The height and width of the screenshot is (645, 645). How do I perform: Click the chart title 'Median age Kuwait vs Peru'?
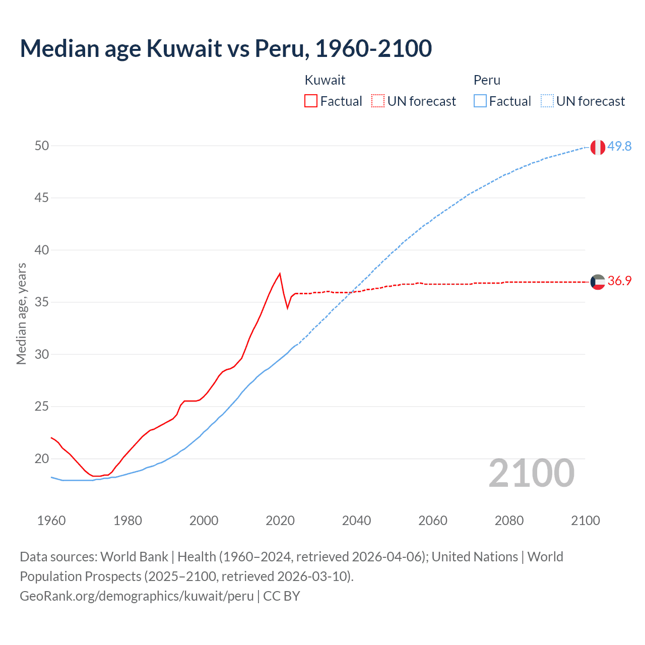point(226,48)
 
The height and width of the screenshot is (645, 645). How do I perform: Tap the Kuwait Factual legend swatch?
point(311,101)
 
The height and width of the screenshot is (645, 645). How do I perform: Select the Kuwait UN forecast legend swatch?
point(378,101)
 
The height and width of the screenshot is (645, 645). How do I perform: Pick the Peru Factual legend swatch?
point(480,101)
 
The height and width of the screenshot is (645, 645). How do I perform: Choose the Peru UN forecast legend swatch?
point(547,101)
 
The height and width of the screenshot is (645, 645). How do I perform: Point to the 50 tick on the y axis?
point(42,146)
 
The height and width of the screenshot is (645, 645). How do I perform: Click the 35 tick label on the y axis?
point(42,302)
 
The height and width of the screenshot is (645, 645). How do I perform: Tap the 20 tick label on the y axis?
point(42,459)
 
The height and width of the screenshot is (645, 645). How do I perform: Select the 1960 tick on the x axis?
point(51,521)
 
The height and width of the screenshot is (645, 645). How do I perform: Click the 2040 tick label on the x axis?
point(356,521)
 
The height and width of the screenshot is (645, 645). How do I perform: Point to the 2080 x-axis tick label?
point(509,521)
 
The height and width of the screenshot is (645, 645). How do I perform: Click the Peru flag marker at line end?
point(598,147)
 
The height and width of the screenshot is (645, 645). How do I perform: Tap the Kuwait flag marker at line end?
point(598,282)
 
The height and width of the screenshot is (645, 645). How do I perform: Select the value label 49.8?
point(619,146)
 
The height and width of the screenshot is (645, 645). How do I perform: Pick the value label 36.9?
point(619,281)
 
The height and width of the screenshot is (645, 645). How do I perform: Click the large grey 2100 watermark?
point(531,473)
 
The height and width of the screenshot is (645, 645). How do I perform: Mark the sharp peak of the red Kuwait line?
point(280,274)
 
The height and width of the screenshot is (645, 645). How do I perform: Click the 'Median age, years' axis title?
point(21,313)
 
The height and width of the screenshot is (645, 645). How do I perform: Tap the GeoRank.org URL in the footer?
point(137,596)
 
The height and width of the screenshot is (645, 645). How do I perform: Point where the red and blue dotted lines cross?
point(351,292)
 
